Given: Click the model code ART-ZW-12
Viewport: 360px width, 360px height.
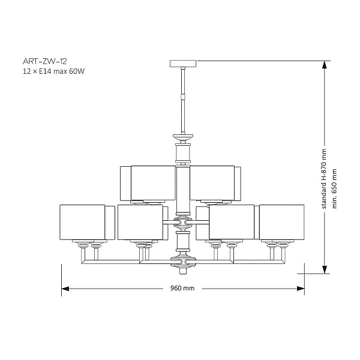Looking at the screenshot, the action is click(45, 61).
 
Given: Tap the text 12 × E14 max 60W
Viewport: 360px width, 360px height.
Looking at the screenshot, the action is click(53, 71).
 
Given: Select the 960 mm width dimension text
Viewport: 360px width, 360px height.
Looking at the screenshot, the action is click(182, 288).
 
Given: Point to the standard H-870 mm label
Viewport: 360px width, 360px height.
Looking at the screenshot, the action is click(324, 179).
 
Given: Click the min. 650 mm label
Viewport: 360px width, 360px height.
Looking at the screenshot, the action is click(334, 189).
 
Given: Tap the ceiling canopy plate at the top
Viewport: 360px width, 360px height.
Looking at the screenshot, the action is click(183, 64).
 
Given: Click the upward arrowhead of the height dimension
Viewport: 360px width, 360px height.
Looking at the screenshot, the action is click(324, 65).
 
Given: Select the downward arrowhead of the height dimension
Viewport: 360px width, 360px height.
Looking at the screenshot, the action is click(324, 269).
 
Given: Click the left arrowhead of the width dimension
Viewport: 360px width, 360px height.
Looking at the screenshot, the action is click(65, 289).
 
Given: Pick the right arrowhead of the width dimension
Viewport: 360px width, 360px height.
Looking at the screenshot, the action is click(301, 289).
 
